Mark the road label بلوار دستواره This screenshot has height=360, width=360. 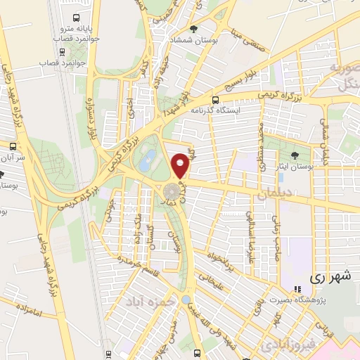(91, 120)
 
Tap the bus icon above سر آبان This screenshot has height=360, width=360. (13, 146)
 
